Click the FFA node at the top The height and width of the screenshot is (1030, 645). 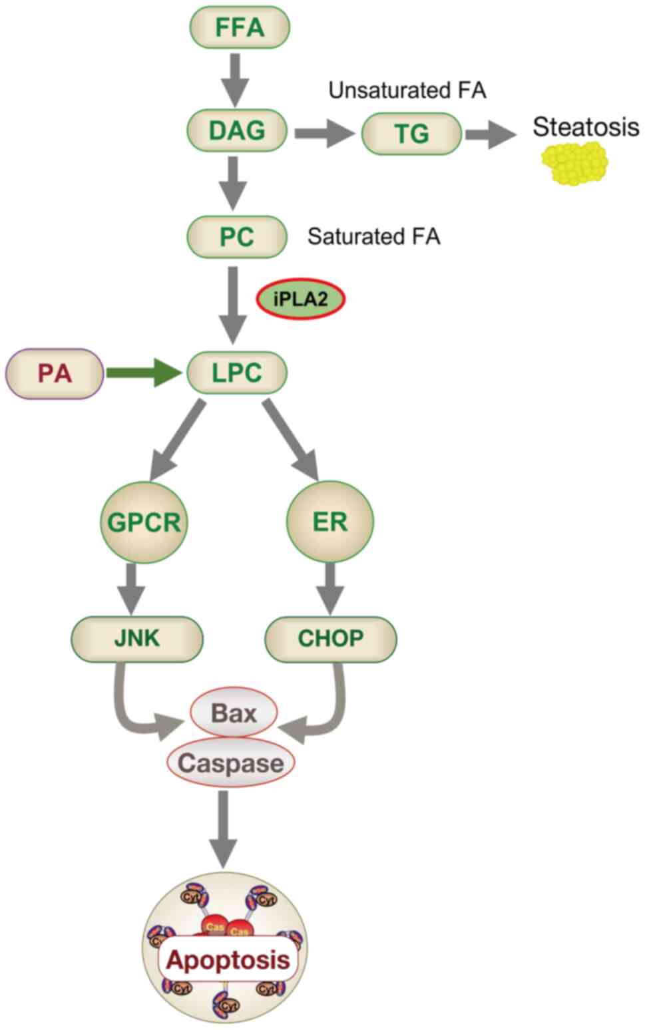(240, 28)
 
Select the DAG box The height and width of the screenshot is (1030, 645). (238, 130)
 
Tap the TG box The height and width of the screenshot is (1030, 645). (411, 133)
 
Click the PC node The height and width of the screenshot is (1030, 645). (238, 236)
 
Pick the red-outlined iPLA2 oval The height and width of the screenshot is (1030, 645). (301, 301)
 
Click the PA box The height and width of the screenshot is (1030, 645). (55, 373)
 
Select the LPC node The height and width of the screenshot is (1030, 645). (238, 373)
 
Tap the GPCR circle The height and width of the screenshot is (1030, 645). (144, 522)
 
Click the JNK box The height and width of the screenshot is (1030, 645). (137, 638)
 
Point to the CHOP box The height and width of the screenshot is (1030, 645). (331, 638)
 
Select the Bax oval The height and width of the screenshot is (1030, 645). (234, 713)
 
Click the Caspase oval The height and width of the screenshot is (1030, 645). (230, 763)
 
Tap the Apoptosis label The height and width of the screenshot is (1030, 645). (228, 959)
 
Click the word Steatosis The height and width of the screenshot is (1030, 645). (586, 126)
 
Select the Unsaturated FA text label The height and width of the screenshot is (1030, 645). (407, 90)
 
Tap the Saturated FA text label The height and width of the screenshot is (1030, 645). (374, 236)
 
